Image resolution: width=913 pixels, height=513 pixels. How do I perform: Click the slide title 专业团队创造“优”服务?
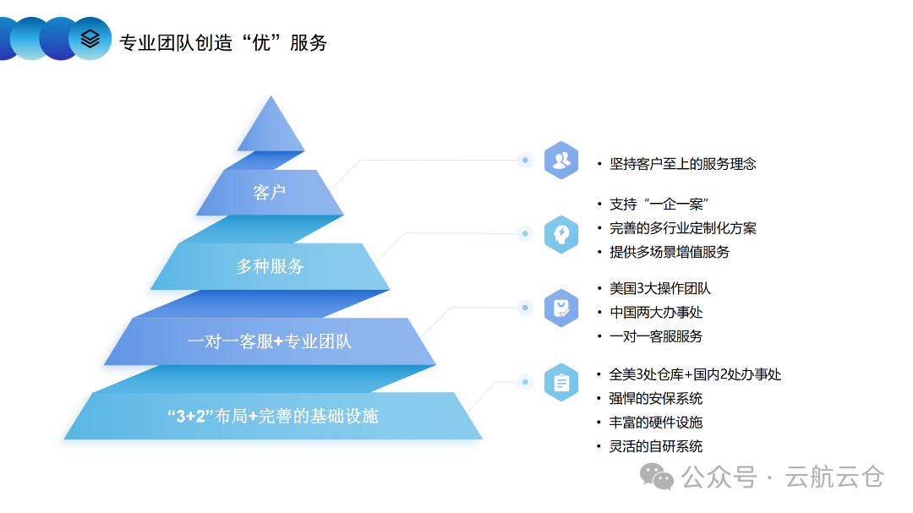pyautogui.click(x=223, y=41)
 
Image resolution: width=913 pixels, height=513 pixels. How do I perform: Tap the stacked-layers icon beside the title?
pyautogui.click(x=90, y=38)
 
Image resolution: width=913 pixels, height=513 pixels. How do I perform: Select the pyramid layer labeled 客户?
pyautogui.click(x=270, y=193)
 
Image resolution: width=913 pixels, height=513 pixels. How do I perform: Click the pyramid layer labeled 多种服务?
pyautogui.click(x=270, y=266)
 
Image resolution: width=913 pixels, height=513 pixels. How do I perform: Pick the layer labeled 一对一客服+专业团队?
pyautogui.click(x=270, y=341)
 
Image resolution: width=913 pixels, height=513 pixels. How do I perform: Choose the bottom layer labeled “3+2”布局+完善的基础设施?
pyautogui.click(x=273, y=416)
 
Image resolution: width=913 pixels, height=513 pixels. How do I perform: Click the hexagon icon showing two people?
pyautogui.click(x=560, y=161)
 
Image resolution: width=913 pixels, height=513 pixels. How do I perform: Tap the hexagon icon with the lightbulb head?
pyautogui.click(x=560, y=234)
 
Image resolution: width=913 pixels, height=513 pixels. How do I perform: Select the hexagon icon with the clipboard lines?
pyautogui.click(x=560, y=382)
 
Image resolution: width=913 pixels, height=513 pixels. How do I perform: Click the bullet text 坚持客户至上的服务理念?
pyautogui.click(x=683, y=164)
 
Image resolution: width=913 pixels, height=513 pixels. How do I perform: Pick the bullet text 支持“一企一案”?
pyautogui.click(x=659, y=205)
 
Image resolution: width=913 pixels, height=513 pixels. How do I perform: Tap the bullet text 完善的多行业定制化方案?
pyautogui.click(x=683, y=228)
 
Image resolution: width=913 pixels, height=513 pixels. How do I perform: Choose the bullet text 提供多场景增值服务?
pyautogui.click(x=670, y=252)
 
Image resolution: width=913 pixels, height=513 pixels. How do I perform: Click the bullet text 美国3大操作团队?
pyautogui.click(x=660, y=289)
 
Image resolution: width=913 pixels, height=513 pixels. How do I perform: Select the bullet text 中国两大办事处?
pyautogui.click(x=656, y=313)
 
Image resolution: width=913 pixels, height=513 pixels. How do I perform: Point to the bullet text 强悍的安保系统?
pyautogui.click(x=656, y=398)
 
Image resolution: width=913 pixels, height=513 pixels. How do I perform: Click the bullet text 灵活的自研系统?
pyautogui.click(x=656, y=446)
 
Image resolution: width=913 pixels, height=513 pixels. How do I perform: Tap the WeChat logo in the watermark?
pyautogui.click(x=657, y=477)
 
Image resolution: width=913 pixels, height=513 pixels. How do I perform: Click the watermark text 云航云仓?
pyautogui.click(x=834, y=477)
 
